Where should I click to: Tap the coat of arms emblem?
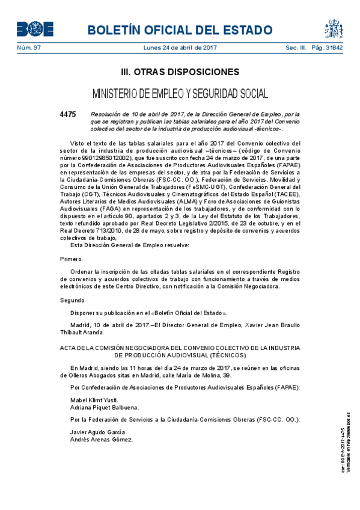(334, 28)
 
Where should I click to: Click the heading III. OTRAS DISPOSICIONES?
(180, 72)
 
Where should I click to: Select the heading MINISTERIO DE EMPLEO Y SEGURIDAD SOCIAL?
(180, 94)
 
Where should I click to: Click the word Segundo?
(73, 300)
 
